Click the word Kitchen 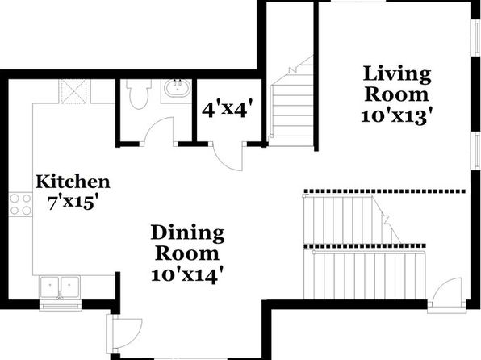73,182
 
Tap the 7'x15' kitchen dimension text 73,203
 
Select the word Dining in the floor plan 187,234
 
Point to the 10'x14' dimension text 186,274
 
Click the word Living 397,74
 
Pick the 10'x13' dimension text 398,117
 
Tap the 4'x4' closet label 228,109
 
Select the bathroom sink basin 177,88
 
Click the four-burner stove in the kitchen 20,204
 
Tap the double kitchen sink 60,287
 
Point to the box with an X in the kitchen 73,91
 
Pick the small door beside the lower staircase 446,291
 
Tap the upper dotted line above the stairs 384,191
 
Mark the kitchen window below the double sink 61,306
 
